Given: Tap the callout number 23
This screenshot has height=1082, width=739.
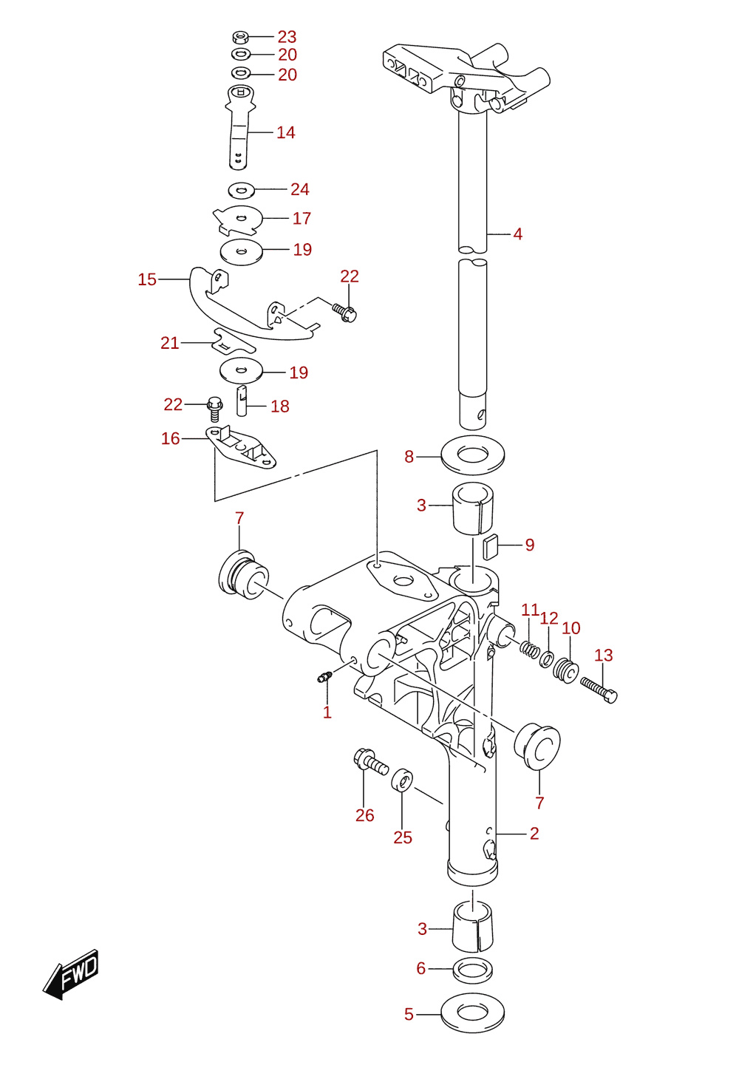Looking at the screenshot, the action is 287,37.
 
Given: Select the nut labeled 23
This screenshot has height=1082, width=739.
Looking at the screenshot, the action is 240,37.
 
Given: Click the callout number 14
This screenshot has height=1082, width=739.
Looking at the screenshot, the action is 285,132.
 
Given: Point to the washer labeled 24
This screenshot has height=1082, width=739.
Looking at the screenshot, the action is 242,191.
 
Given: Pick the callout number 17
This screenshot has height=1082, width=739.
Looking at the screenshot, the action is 302,218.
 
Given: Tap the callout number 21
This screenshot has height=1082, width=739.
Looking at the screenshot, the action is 169,343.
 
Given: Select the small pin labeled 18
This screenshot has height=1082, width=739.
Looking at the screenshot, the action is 242,401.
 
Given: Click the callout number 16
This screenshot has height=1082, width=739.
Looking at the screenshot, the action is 170,438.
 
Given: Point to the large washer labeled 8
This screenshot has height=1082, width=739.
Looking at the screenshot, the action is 473,455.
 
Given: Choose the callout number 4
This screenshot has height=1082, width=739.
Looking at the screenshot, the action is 518,234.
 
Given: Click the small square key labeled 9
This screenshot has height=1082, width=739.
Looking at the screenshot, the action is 490,546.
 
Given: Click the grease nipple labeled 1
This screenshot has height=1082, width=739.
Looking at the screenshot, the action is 324,677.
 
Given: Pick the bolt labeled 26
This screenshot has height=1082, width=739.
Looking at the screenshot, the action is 370,762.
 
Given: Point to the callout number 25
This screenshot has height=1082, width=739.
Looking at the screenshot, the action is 402,837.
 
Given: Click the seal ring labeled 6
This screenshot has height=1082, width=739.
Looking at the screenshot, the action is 473,969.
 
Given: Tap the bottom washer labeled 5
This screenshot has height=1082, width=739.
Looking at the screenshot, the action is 473,1013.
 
